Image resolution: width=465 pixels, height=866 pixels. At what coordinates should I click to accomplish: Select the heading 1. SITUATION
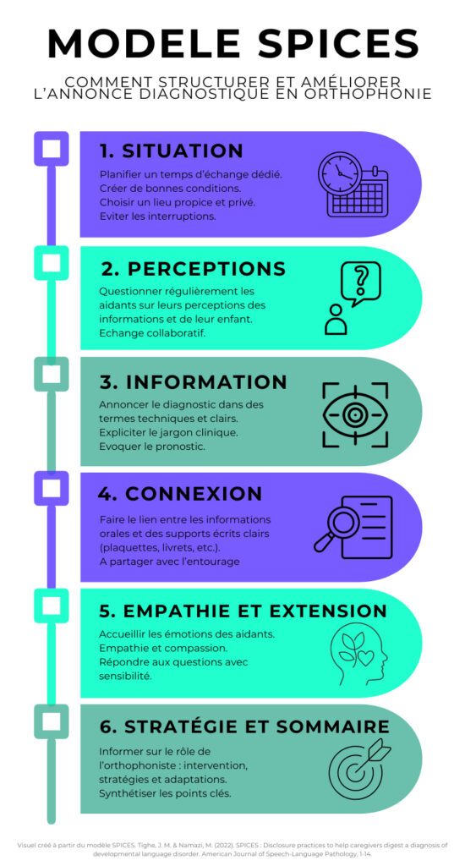[x=172, y=151]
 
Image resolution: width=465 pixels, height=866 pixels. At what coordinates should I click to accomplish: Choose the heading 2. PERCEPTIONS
[x=194, y=269]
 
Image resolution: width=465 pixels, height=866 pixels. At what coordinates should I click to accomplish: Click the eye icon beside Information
[x=354, y=414]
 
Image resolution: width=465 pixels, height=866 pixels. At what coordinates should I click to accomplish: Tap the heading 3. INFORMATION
[x=194, y=382]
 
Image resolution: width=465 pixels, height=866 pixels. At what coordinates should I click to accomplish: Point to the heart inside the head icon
[x=365, y=658]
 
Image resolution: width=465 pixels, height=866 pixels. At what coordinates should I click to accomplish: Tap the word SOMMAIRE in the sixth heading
[x=333, y=726]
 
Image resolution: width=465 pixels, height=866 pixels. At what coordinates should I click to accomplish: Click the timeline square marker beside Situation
[x=52, y=149]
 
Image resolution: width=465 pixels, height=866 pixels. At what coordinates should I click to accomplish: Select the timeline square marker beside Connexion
[x=52, y=489]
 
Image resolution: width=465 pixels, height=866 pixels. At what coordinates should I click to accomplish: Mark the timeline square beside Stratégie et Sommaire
[x=52, y=721]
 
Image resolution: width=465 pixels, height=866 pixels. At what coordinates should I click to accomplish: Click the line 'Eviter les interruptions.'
[x=157, y=216]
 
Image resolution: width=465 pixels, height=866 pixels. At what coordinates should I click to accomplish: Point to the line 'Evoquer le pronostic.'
[x=152, y=447]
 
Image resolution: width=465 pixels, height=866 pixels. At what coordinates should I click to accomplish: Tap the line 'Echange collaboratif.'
[x=152, y=333]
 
